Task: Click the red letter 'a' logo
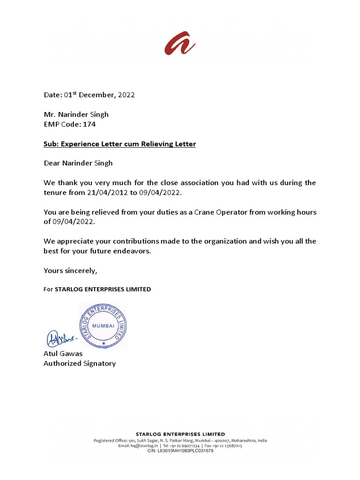pyautogui.click(x=180, y=44)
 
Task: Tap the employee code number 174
pyautogui.click(x=90, y=124)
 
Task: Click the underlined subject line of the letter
pyautogui.click(x=120, y=144)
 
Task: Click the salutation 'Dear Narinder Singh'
pyautogui.click(x=78, y=163)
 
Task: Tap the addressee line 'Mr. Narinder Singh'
pyautogui.click(x=76, y=114)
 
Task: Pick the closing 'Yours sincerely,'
pyautogui.click(x=70, y=270)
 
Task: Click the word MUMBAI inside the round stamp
pyautogui.click(x=103, y=324)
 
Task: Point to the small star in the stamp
pyautogui.click(x=103, y=344)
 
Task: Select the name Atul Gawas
pyautogui.click(x=63, y=353)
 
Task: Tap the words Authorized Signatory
pyautogui.click(x=80, y=363)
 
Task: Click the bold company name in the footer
pyautogui.click(x=180, y=434)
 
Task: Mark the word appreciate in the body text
pyautogui.click(x=79, y=241)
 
